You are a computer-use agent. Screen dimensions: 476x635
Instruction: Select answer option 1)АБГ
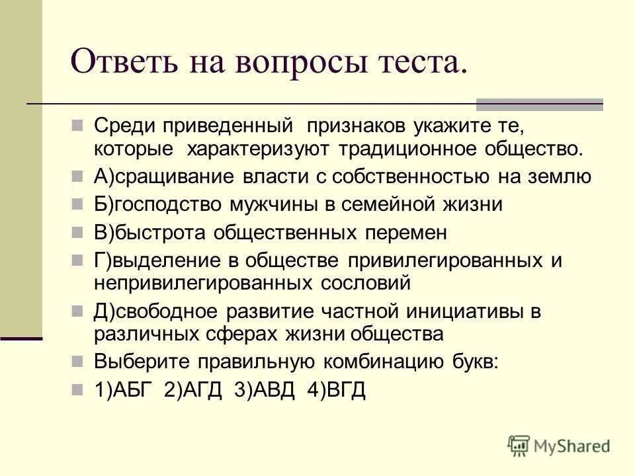tap(126, 389)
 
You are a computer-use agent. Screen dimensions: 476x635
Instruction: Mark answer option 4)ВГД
tap(336, 389)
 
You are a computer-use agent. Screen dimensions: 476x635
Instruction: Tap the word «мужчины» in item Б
tap(278, 205)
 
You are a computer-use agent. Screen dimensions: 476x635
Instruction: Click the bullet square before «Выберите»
tap(77, 360)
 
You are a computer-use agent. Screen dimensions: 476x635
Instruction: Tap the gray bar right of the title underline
tap(540, 104)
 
